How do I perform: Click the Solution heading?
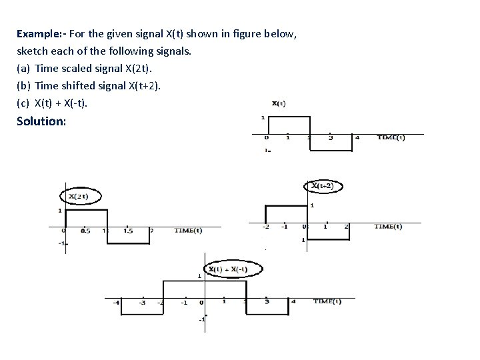[41, 122]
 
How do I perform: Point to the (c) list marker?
[23, 103]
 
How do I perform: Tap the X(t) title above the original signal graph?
[279, 103]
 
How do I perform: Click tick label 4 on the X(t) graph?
[357, 137]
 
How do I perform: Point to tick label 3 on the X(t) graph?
[331, 138]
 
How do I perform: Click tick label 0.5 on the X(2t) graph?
[85, 231]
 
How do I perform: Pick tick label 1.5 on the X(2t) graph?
[129, 231]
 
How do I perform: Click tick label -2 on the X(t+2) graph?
[265, 227]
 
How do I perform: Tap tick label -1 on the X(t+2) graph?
[284, 227]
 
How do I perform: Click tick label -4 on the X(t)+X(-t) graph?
[117, 302]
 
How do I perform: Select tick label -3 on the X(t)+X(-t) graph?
[142, 302]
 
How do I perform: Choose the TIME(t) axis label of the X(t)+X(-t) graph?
[327, 301]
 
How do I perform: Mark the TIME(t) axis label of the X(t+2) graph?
[388, 226]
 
